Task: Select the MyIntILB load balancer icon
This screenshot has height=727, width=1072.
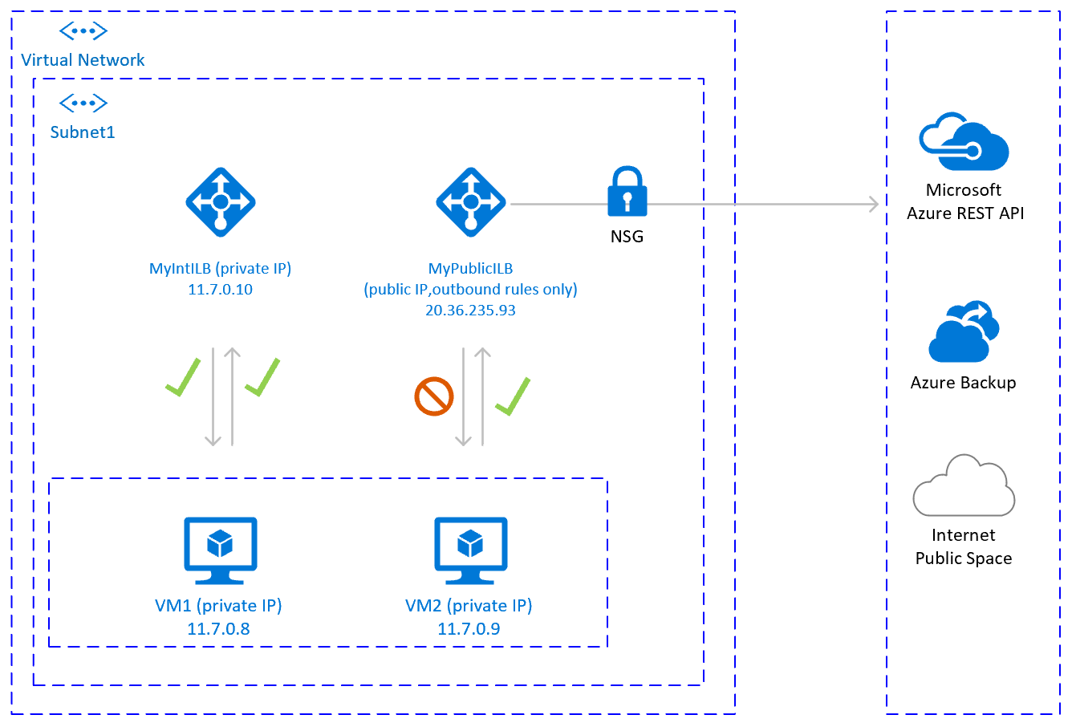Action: coord(221,202)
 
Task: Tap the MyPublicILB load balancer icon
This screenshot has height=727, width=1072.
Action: coord(471,202)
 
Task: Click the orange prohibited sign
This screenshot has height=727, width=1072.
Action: coord(434,396)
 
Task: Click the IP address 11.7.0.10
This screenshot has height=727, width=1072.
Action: coord(220,290)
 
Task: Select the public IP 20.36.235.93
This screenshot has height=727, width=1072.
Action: coord(470,311)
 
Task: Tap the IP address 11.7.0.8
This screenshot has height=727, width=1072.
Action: coord(218,629)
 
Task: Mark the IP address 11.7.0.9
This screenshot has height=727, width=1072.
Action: coord(469,629)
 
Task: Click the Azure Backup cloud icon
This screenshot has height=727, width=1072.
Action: coord(963,332)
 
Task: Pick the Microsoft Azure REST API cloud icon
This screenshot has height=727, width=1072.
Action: coord(963,142)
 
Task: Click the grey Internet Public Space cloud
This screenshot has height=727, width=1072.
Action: coord(963,486)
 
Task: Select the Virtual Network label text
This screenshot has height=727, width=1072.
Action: coord(83,60)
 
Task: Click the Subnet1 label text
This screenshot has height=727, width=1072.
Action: coord(83,132)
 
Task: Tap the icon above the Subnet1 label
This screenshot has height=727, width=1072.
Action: coord(83,103)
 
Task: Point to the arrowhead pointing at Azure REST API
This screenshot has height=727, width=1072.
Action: coord(874,204)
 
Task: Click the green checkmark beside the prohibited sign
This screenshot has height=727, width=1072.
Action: coord(513,396)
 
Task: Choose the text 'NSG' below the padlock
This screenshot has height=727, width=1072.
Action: coord(627,237)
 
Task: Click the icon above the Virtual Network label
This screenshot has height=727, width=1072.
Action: coord(83,31)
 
